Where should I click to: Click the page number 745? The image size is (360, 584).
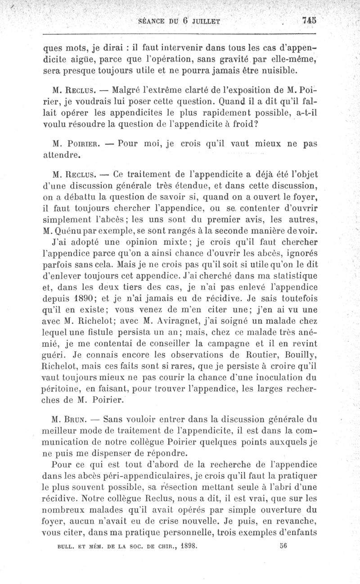[x=310, y=20]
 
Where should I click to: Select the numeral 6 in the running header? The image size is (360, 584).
[x=184, y=20]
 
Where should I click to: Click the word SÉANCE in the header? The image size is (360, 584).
[x=154, y=21]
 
